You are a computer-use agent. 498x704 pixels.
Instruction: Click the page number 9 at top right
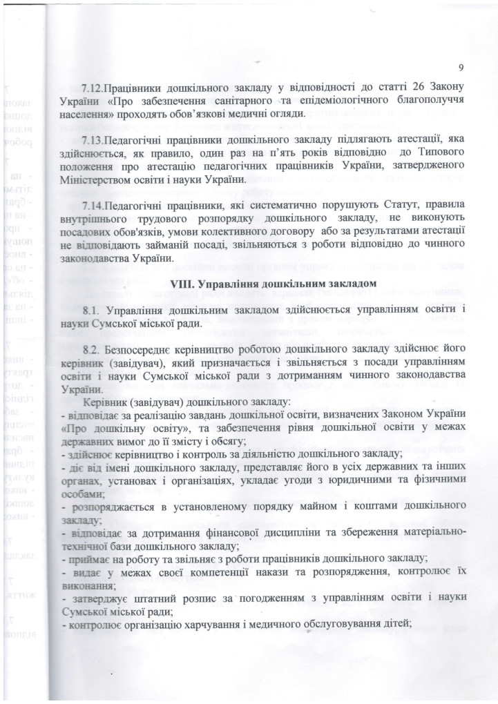point(458,66)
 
